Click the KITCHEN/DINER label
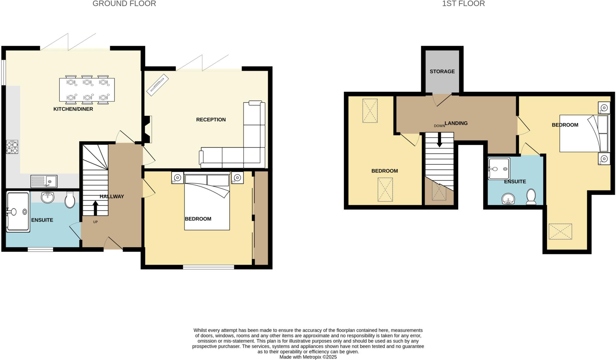[x=73, y=109]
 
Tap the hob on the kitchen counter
[x=12, y=147]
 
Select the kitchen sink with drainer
[x=44, y=181]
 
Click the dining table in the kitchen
[x=87, y=90]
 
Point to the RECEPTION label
[x=211, y=119]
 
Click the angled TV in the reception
[x=157, y=85]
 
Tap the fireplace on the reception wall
[x=147, y=129]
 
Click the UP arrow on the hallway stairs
[x=95, y=208]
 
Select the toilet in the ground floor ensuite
[x=70, y=200]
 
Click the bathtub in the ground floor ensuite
[x=18, y=212]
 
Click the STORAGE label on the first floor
[x=442, y=71]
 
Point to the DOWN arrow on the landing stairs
[x=439, y=140]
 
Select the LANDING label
[x=456, y=123]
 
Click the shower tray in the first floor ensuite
[x=499, y=169]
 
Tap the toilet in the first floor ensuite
[x=531, y=197]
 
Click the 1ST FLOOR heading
[x=463, y=4]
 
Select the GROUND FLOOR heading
[x=124, y=4]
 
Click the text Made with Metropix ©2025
[x=308, y=357]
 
